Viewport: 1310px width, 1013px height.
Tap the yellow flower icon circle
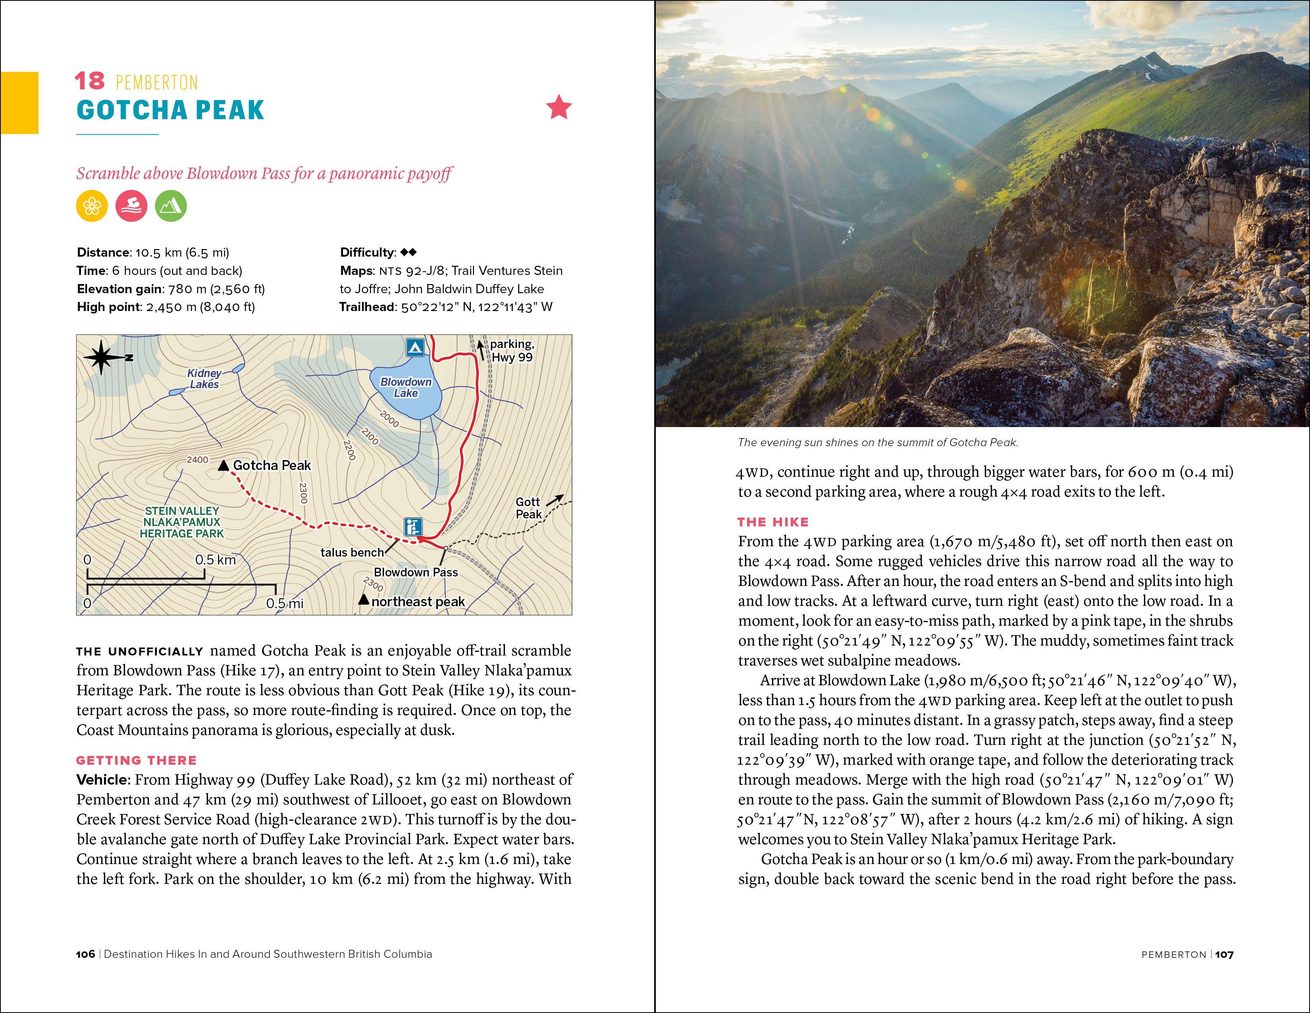click(x=92, y=207)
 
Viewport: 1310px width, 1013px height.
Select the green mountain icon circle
click(x=171, y=207)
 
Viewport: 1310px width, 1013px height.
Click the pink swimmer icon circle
click(x=131, y=207)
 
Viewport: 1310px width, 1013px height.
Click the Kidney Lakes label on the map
click(x=204, y=379)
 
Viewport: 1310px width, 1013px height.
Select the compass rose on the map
click(x=101, y=357)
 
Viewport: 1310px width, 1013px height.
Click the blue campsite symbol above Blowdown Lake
click(x=415, y=347)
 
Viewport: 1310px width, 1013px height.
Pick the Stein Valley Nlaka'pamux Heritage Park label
click(x=182, y=522)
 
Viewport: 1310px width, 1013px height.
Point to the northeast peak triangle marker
click(x=364, y=599)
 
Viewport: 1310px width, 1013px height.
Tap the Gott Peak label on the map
click(x=528, y=508)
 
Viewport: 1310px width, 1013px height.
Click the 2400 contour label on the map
click(x=197, y=460)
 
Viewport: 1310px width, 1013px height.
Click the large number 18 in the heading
click(x=89, y=81)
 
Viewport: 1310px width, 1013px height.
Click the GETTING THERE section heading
click(x=136, y=760)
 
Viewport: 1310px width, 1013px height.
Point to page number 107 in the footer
click(x=1224, y=954)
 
